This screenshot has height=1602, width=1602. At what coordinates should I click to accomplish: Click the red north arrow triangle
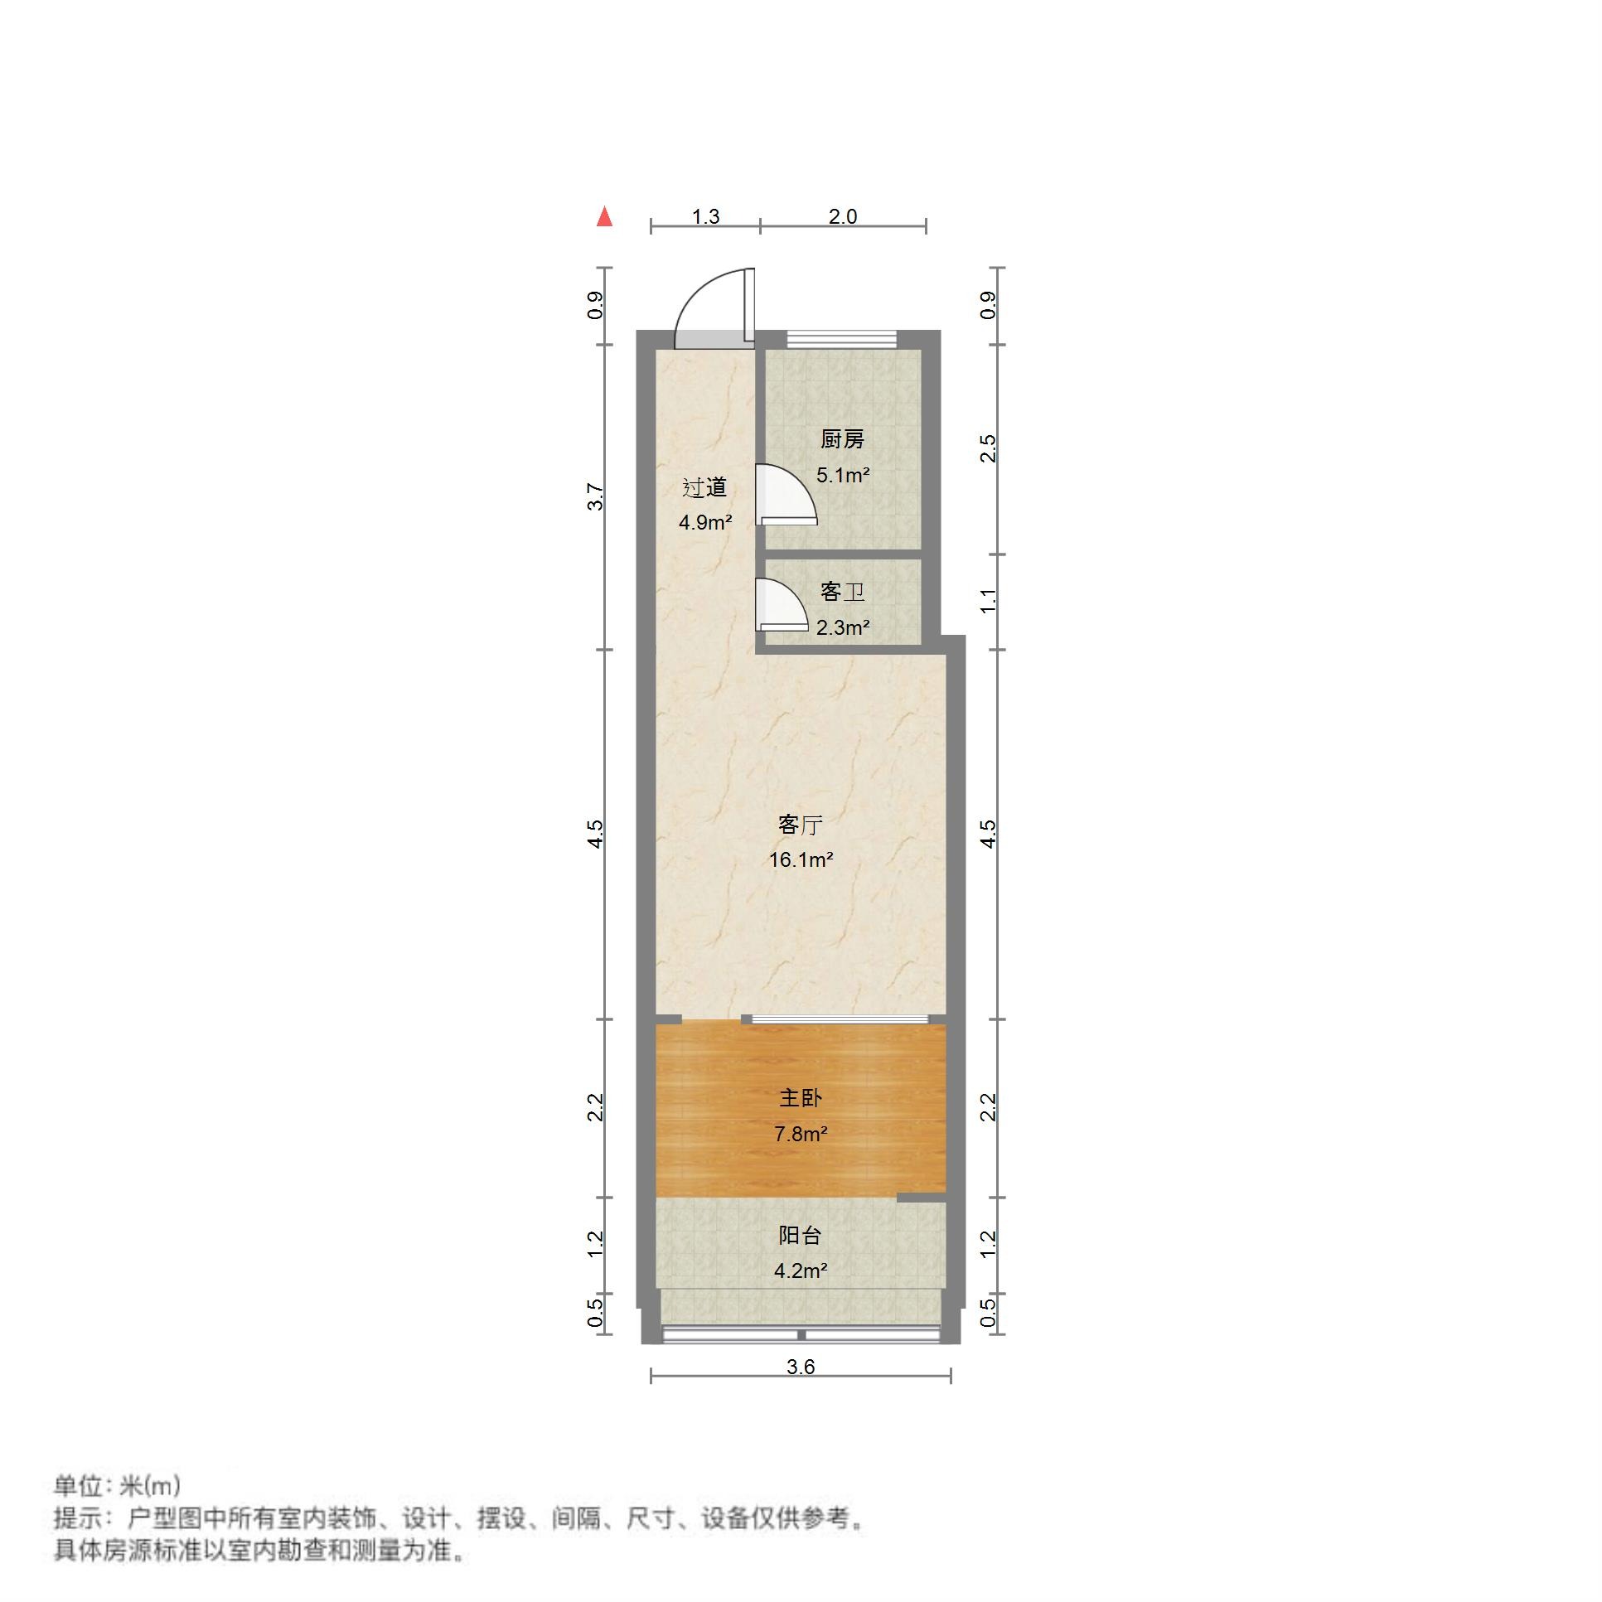(x=605, y=217)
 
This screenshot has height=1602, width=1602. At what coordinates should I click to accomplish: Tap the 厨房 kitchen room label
(x=842, y=439)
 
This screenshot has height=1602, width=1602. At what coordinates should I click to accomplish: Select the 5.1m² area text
(x=843, y=476)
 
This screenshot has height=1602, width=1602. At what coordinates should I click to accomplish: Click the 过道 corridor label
(x=704, y=487)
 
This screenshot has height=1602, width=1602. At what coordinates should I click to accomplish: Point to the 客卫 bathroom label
(x=842, y=592)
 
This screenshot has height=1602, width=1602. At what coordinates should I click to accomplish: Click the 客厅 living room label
(x=800, y=825)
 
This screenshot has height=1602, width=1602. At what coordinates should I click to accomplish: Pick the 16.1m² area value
(x=800, y=860)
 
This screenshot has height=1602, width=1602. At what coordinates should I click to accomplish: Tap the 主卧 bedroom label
(x=800, y=1098)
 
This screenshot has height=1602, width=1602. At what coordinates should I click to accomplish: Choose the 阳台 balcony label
(x=800, y=1236)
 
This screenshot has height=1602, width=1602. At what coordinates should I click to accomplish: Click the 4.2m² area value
(x=800, y=1270)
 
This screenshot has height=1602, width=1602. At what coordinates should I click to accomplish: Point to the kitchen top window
(x=842, y=338)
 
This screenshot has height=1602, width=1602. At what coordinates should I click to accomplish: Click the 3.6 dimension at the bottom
(x=800, y=1367)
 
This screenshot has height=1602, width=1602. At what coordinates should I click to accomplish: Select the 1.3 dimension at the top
(x=705, y=217)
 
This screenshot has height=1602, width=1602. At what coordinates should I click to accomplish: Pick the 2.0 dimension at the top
(x=843, y=217)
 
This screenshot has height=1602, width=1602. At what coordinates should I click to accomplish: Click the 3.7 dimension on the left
(x=595, y=496)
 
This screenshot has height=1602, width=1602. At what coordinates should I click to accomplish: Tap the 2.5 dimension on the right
(x=988, y=448)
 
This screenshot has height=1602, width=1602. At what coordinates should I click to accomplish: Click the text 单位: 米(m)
(x=117, y=1485)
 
